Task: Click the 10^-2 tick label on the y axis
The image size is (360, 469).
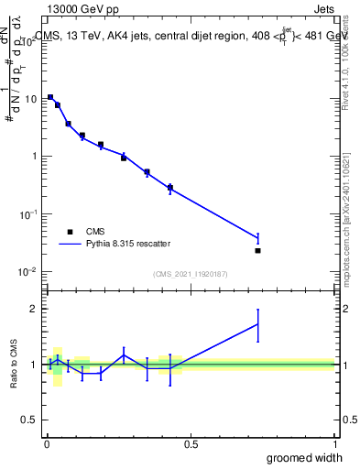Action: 27,272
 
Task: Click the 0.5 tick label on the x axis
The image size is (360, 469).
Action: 191,444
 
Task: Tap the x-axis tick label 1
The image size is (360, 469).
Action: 335,444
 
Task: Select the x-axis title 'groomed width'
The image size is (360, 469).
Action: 305,457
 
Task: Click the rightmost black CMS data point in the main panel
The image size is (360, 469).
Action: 258,250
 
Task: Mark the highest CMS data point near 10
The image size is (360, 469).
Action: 50,97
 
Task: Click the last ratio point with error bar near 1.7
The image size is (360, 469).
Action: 258,323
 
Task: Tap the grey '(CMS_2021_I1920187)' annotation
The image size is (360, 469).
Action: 190,273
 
